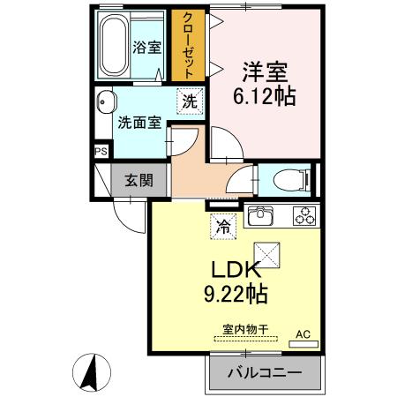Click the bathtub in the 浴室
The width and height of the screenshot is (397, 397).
[112, 46]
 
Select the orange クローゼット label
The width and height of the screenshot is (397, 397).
[188, 45]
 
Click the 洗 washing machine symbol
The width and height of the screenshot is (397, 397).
[189, 101]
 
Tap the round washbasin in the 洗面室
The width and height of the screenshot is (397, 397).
[106, 100]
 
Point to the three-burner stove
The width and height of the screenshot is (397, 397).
[304, 216]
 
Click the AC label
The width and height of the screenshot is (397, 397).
[303, 334]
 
